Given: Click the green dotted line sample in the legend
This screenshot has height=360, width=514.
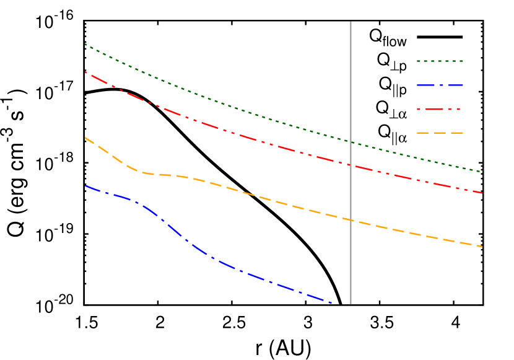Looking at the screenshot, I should point(440,61).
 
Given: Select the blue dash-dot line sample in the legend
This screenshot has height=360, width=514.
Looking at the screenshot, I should point(440,85).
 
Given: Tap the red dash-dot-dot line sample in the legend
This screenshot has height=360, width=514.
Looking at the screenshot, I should point(440,109).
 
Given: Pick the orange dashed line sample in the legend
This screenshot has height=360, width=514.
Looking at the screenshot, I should point(440,133).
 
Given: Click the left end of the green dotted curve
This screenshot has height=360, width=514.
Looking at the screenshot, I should point(85,44).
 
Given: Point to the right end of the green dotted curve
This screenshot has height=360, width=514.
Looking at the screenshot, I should point(481,172).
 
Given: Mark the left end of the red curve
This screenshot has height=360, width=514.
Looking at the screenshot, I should point(85,72).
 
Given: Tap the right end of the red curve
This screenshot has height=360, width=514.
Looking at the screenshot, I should point(482,193).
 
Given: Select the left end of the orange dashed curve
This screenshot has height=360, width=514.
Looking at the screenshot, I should point(85,137).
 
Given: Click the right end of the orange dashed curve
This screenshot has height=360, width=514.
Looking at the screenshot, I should point(482,247).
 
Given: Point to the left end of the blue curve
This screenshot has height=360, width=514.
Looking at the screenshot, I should point(85,185).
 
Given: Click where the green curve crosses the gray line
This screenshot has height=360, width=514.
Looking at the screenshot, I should point(351,142).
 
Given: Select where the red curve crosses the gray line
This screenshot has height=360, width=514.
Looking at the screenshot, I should point(351,165).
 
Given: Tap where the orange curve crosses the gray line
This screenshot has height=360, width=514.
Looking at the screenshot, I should point(351,220).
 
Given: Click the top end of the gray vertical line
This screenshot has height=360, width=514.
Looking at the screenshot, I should point(351,22).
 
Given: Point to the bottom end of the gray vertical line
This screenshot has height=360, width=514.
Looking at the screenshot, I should point(351,304).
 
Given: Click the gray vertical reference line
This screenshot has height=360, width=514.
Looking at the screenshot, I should point(351,93).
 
